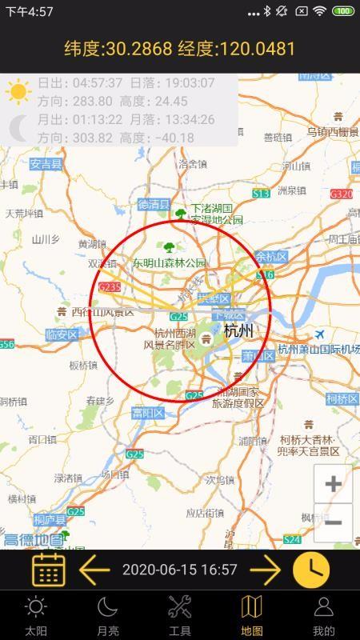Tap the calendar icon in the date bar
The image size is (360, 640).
tap(48, 570)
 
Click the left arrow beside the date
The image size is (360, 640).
tap(94, 570)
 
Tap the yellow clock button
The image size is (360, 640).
tap(311, 570)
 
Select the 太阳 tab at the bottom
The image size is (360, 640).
tap(36, 615)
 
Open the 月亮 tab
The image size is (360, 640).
tap(108, 615)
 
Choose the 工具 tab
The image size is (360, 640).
tap(180, 615)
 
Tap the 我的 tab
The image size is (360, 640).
tap(323, 615)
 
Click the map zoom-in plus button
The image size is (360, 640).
tap(333, 484)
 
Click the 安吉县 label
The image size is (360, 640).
tap(46, 164)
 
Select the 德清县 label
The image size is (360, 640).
tap(154, 205)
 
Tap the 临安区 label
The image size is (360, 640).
tap(62, 334)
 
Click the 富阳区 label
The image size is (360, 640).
tap(148, 413)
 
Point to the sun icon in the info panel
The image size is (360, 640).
tap(18, 91)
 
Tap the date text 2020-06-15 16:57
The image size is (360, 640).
tap(180, 570)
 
